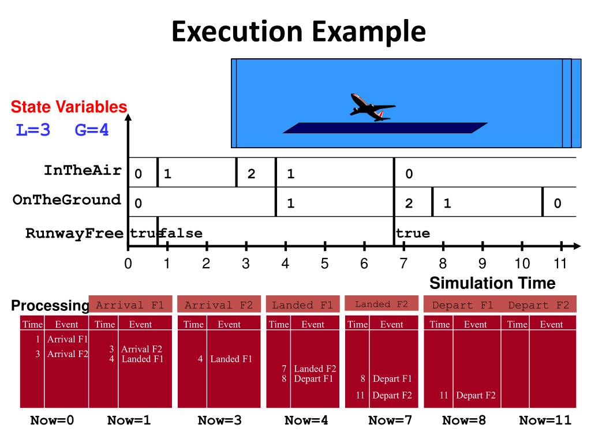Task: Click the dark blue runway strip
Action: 385,128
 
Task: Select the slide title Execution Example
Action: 298,32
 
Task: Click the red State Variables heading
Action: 69,107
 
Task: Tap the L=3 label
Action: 33,130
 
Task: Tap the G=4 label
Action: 92,130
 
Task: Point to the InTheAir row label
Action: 83,171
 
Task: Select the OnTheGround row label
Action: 66,200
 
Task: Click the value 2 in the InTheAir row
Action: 251,174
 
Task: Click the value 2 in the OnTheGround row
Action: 409,204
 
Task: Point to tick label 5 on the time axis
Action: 324,264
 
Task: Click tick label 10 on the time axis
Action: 522,264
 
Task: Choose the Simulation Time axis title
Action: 492,283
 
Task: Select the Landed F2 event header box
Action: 381,304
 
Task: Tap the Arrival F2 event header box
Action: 219,305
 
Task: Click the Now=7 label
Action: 390,421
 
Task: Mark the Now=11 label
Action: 545,421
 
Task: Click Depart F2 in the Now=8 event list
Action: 476,396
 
